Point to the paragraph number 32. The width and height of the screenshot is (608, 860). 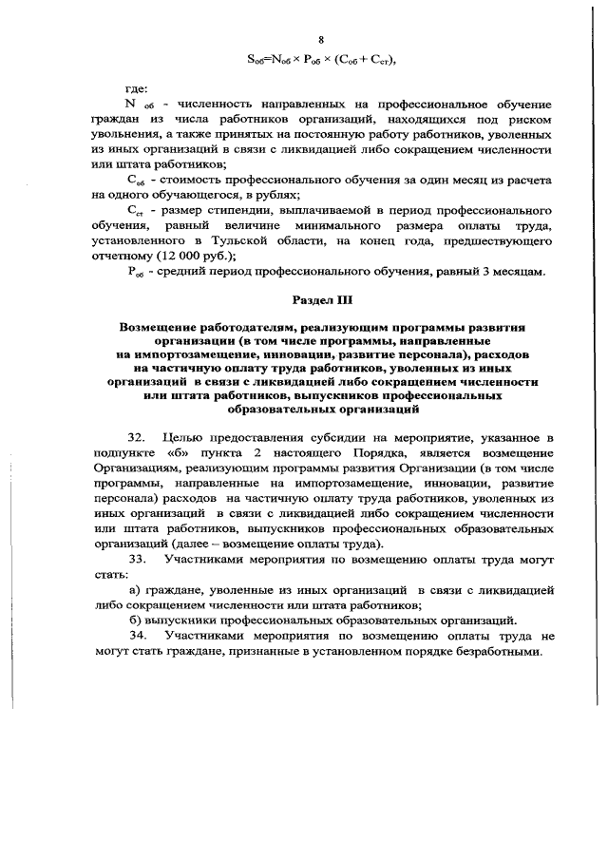pos(135,437)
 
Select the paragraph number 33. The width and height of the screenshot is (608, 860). pos(135,560)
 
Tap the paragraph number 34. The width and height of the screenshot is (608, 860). pos(135,636)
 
